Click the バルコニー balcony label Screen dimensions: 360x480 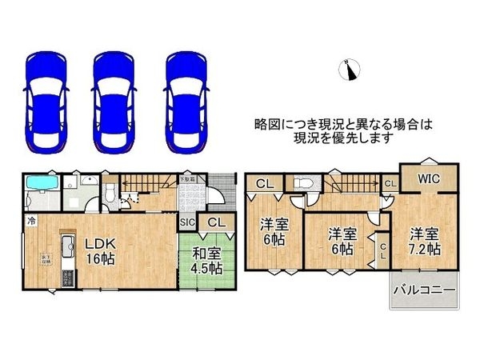click(x=424, y=290)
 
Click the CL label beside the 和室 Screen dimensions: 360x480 click(x=216, y=222)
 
